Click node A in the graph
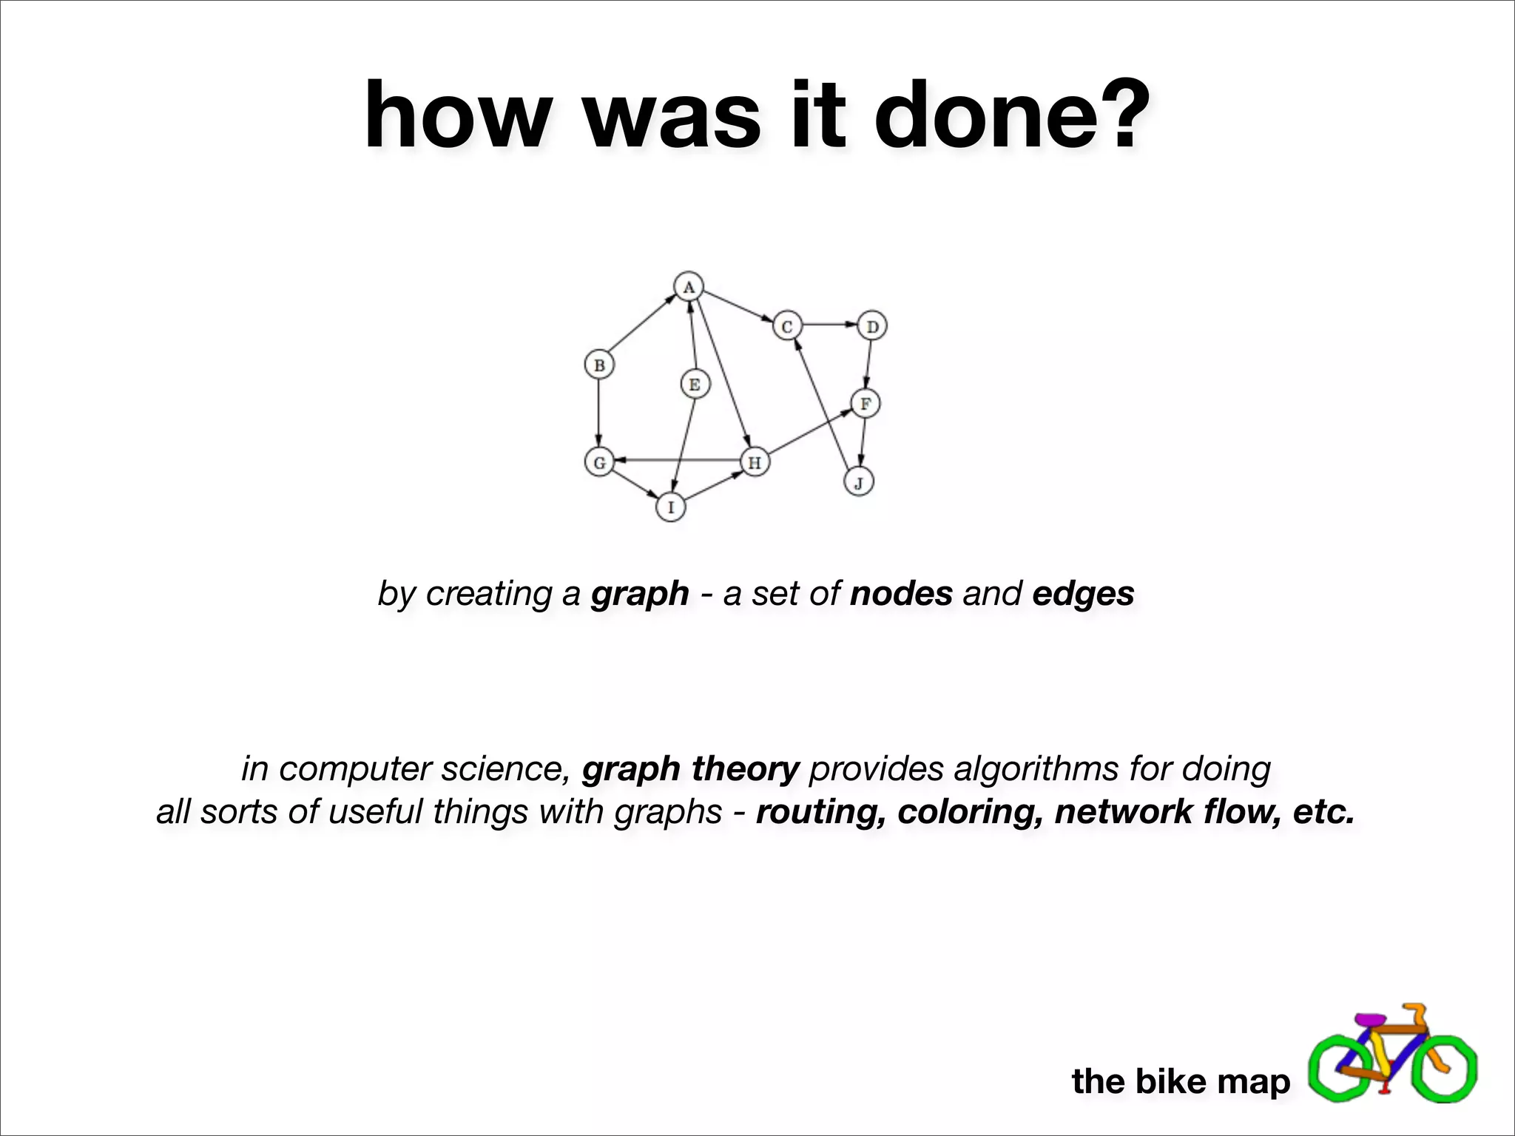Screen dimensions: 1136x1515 point(689,287)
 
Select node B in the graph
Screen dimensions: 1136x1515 point(599,365)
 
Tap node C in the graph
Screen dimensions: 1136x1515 point(787,326)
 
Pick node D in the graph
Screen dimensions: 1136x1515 point(872,326)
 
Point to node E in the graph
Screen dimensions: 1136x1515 point(694,385)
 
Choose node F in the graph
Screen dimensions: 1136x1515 point(865,404)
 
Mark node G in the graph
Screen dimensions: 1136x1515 point(599,463)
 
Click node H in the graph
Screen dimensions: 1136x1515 point(755,463)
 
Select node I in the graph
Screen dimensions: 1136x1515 point(671,507)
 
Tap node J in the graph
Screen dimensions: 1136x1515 point(859,483)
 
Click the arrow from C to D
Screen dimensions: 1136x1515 point(829,325)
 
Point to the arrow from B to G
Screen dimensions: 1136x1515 point(599,414)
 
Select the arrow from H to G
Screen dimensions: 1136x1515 point(677,461)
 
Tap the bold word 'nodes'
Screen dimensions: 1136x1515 point(901,593)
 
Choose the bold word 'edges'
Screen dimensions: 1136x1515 point(1083,593)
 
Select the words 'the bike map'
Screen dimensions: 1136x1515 point(1181,1081)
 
